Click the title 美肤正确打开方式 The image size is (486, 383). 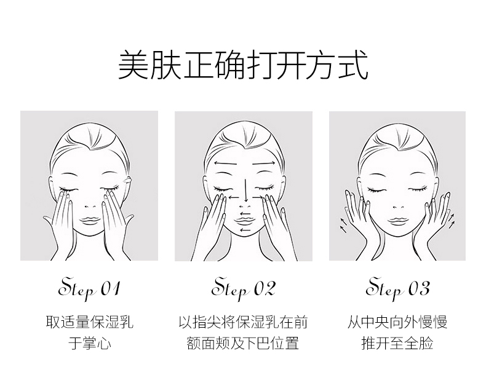(243, 65)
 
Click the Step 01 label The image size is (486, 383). (89, 289)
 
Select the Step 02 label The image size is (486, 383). (244, 289)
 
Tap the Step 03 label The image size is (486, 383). (397, 289)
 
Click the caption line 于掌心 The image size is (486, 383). (90, 343)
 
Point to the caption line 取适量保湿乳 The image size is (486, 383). (90, 322)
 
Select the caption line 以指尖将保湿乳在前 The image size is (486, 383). (244, 322)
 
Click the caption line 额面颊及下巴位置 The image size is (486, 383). (244, 343)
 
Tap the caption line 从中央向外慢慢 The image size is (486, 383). (397, 322)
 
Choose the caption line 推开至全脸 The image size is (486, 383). (397, 343)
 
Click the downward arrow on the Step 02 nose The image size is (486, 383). (246, 190)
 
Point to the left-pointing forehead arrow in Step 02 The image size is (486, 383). (225, 163)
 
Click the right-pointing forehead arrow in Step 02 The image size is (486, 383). (264, 163)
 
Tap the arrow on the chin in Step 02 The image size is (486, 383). (245, 230)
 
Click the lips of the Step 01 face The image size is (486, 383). (90, 221)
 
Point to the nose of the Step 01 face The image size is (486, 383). (90, 207)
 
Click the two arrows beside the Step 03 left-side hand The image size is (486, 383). (343, 225)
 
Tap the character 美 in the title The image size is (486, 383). (133, 65)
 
